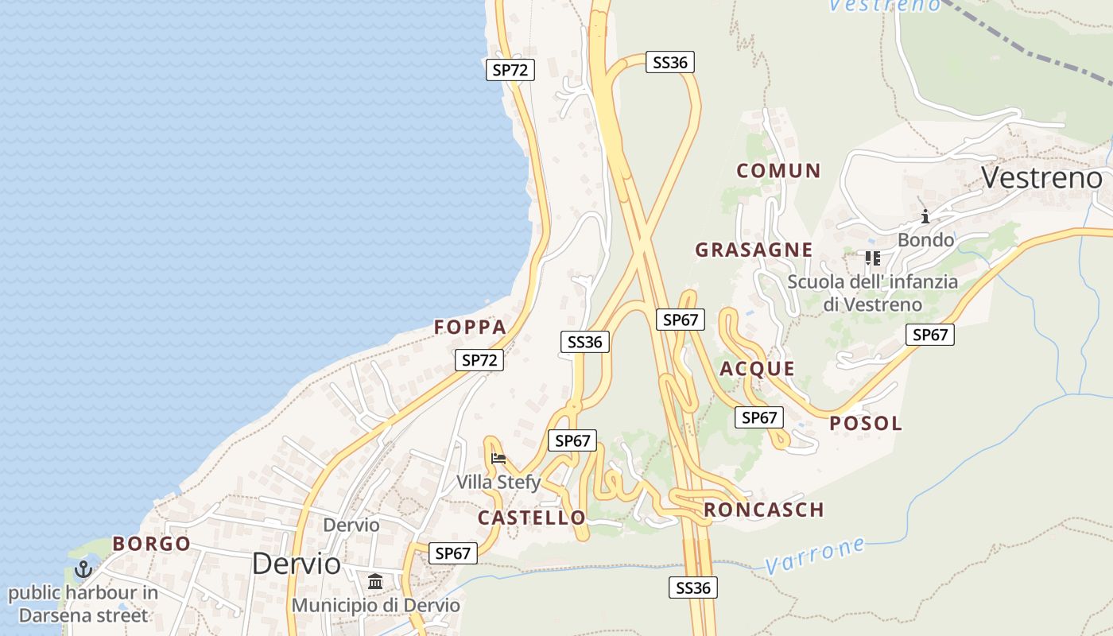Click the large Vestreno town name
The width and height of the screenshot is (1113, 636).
pos(1041,177)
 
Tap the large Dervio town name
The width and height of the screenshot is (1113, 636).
pos(296,564)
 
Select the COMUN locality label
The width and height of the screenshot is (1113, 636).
pos(778,171)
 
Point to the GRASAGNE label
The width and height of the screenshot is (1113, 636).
pos(754,250)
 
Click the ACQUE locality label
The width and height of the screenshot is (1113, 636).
pos(757,369)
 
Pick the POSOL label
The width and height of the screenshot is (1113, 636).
pos(866,424)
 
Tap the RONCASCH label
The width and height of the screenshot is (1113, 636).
pos(763,510)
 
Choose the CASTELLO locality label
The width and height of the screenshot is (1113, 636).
pos(531,518)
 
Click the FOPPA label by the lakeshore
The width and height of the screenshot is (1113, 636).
pos(470,328)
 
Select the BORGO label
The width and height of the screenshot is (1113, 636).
pos(151,545)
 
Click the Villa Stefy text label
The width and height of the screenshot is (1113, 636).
pos(498,482)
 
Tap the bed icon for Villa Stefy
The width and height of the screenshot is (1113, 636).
pos(498,458)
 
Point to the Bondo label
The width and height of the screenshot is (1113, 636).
pos(925,239)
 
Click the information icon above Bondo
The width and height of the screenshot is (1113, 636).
pos(925,216)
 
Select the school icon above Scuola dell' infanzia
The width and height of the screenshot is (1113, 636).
pos(872,258)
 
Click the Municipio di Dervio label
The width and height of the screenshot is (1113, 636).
pos(375,605)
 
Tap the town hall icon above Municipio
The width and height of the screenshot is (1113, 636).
pos(375,581)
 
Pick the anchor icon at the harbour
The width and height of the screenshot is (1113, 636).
pos(83,569)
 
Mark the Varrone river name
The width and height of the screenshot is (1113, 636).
pos(815,555)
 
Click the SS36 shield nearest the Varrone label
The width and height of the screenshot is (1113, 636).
pos(692,588)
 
